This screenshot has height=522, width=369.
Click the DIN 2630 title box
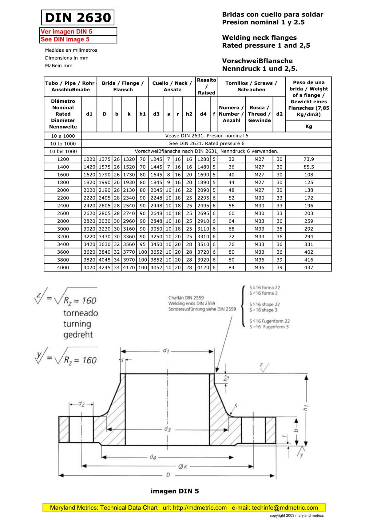78,18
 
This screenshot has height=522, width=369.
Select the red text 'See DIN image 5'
65,39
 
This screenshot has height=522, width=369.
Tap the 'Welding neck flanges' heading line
259,38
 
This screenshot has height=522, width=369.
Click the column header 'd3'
156,114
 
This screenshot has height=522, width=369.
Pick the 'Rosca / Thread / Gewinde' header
259,114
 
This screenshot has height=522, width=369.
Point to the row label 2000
63,190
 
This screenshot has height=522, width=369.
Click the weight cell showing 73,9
308,159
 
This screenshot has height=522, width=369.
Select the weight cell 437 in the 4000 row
308,267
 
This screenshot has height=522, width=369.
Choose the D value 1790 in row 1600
105,175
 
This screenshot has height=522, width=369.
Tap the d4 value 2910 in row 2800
203,221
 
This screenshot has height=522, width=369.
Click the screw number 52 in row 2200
231,198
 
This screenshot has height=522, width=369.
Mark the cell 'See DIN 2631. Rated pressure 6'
207,144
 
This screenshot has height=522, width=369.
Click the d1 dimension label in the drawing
166,350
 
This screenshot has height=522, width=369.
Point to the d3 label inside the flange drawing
167,429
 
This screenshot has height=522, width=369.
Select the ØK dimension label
183,467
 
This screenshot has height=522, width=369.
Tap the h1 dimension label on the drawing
305,408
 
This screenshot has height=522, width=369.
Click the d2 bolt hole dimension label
81,404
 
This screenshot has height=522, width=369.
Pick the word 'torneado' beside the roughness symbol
81,313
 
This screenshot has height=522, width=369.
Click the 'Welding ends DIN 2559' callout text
192,303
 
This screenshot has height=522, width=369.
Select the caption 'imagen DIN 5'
175,491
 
